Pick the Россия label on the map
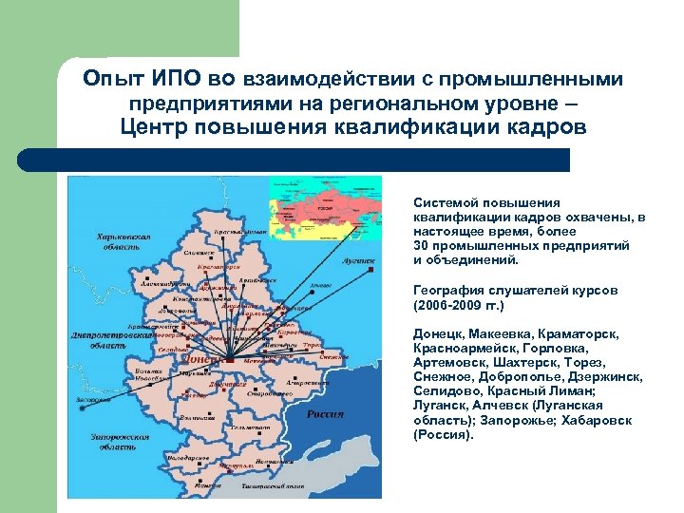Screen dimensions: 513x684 pos(325,414)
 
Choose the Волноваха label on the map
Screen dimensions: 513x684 pos(196,417)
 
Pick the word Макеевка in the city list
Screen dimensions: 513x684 pos(499,334)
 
